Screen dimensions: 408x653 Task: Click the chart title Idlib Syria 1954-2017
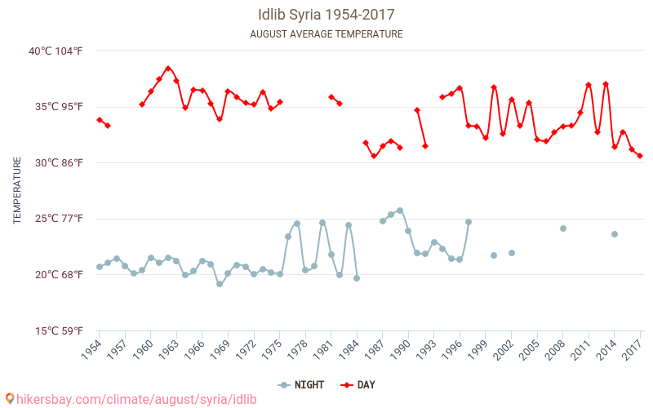click(x=326, y=15)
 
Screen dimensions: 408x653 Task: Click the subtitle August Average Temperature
click(x=326, y=34)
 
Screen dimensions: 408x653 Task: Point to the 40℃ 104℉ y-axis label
click(x=56, y=51)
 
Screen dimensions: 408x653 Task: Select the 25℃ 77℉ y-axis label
click(x=56, y=219)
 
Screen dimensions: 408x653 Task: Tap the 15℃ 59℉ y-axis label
click(x=56, y=330)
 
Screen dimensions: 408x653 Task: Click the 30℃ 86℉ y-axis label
click(x=56, y=162)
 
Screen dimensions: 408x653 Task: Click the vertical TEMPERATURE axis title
click(x=17, y=191)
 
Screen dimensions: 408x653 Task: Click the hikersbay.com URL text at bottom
click(x=131, y=399)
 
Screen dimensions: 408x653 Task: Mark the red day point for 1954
click(x=100, y=120)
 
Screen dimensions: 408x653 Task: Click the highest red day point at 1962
click(x=168, y=69)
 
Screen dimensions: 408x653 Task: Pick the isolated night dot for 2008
click(x=563, y=228)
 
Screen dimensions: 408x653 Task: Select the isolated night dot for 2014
click(x=615, y=234)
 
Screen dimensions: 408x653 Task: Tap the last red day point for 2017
click(x=640, y=156)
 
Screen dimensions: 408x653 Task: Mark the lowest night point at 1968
click(x=220, y=284)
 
